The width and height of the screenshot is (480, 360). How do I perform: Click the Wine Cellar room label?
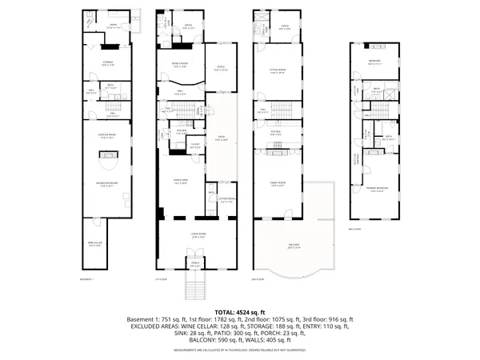pyautogui.click(x=94, y=245)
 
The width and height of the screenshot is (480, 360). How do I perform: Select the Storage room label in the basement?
pyautogui.click(x=106, y=62)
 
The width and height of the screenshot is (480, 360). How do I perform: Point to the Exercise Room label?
pyautogui.click(x=106, y=136)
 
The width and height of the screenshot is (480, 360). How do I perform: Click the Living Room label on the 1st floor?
pyautogui.click(x=194, y=235)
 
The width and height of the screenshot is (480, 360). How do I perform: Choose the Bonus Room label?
pyautogui.click(x=181, y=65)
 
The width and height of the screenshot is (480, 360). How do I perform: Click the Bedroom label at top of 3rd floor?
pyautogui.click(x=374, y=61)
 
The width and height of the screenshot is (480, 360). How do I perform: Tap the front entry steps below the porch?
pyautogui.click(x=194, y=285)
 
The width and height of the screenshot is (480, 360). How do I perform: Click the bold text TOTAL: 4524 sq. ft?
pyautogui.click(x=240, y=311)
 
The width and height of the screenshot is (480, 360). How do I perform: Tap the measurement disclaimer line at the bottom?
pyautogui.click(x=240, y=350)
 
